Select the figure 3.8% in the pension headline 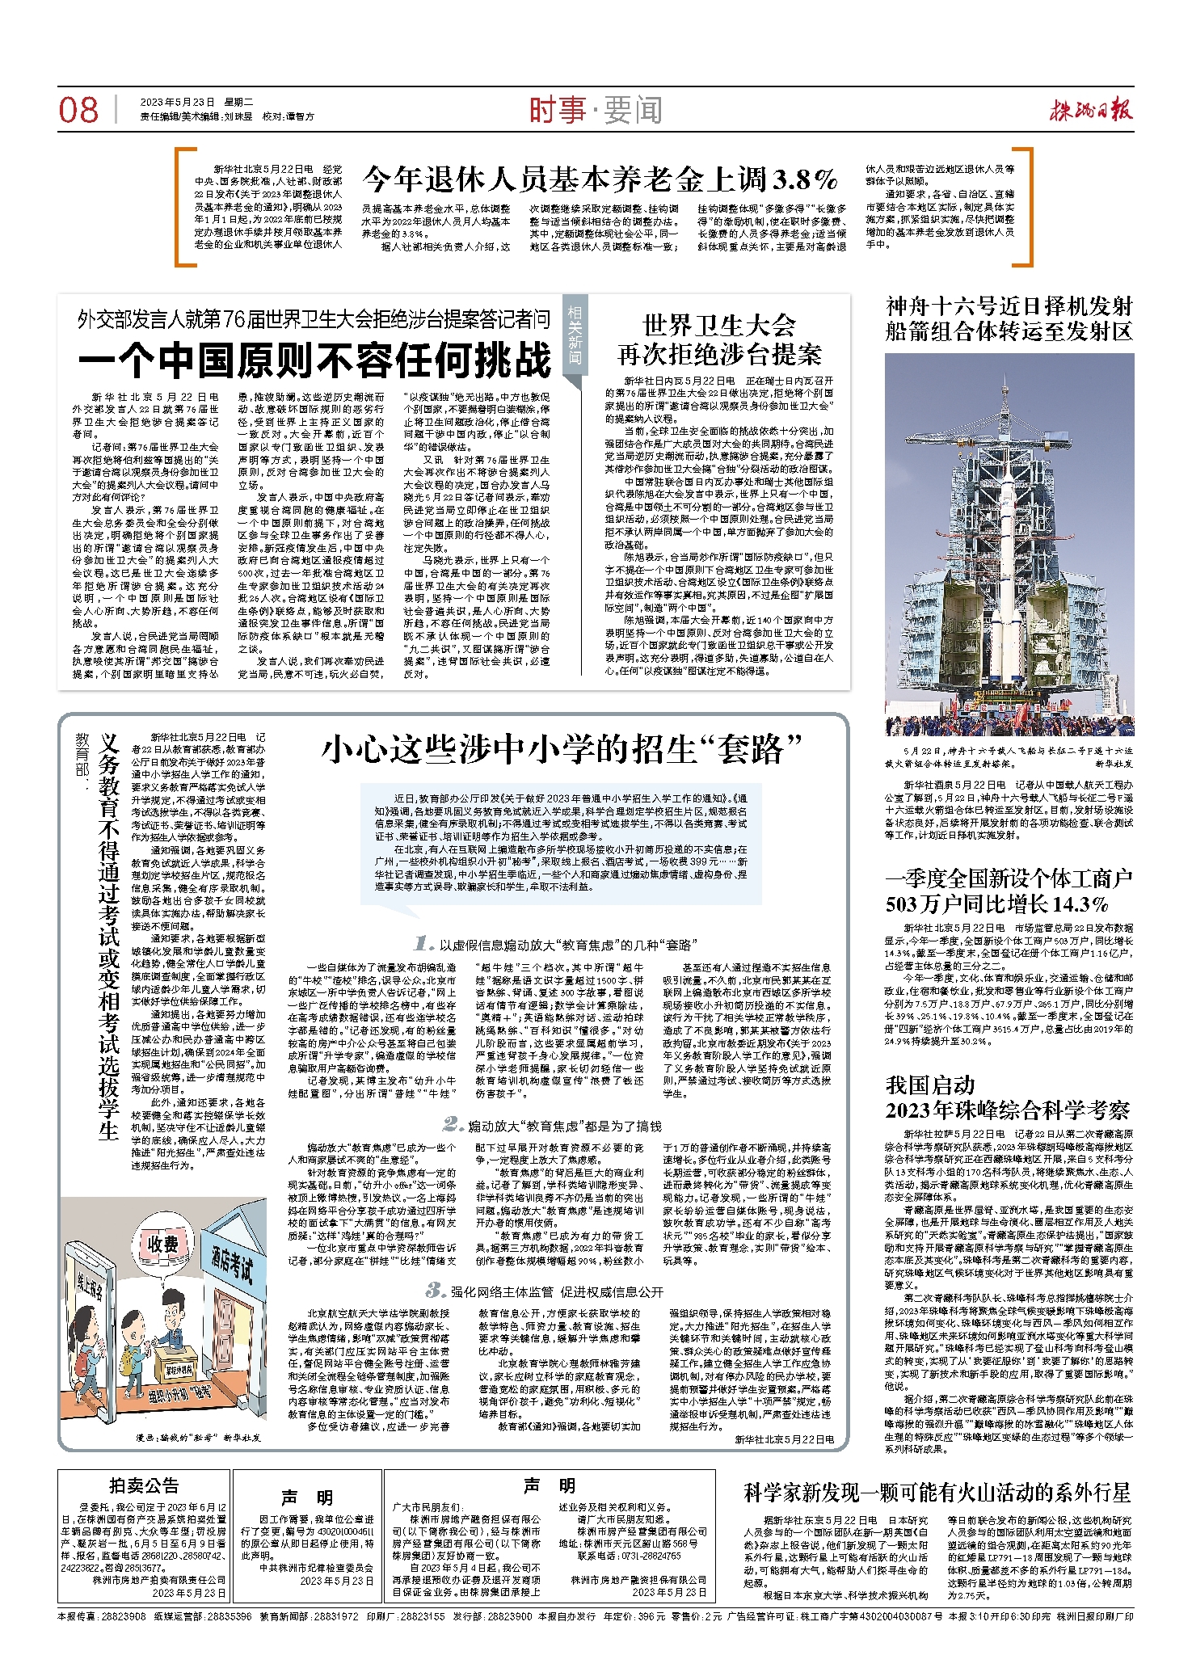(x=805, y=179)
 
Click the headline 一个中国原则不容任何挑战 (x=314, y=360)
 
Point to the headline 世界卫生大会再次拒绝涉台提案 (x=719, y=340)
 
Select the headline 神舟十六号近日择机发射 (x=1009, y=307)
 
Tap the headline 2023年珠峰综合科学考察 (x=1007, y=1110)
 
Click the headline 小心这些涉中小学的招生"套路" (x=562, y=750)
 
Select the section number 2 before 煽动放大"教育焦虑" (x=453, y=1124)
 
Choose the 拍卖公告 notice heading (x=144, y=1485)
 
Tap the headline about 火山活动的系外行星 (x=937, y=1492)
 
